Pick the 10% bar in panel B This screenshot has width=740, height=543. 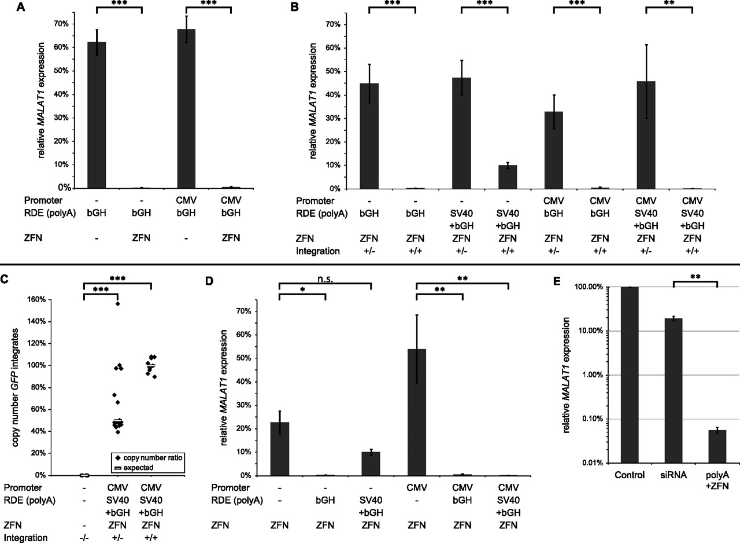506,177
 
